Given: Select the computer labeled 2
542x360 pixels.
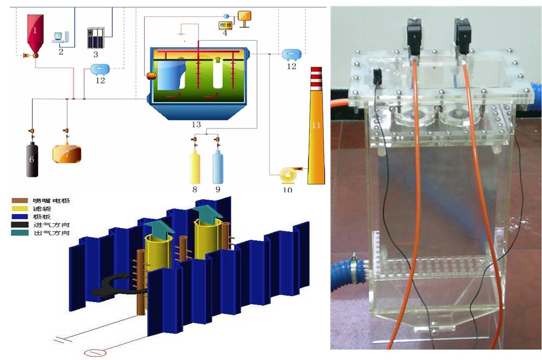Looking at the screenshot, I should point(59,37).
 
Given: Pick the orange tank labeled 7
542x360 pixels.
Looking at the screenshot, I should point(67,153).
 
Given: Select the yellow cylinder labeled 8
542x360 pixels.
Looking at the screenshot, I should point(195,168).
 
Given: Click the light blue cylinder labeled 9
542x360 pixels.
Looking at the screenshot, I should point(218,168).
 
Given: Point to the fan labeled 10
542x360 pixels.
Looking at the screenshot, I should point(288,175).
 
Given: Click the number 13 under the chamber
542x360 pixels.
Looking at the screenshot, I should point(196,125).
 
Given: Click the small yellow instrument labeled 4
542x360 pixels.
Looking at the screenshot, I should point(225,25).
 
